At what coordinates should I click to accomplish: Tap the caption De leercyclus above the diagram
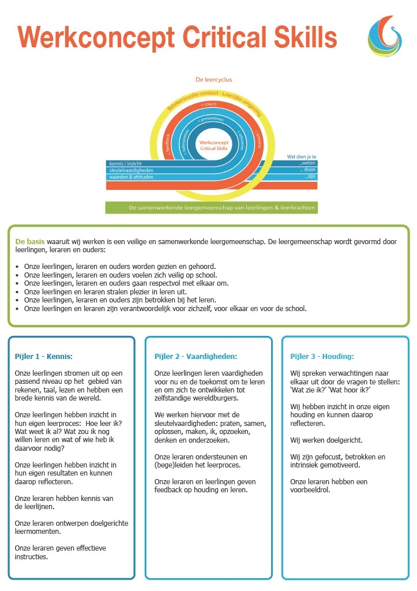pos(213,80)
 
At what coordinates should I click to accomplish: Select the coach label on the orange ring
pos(208,104)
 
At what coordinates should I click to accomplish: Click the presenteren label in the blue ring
pos(210,119)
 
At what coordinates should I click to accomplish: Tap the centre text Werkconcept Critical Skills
pos(213,145)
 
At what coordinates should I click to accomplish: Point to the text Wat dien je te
pos(302,156)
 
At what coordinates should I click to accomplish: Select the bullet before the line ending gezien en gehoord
pos(18,267)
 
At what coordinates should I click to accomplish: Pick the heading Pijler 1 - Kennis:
pos(44,357)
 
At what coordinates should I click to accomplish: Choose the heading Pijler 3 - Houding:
pos(322,357)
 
